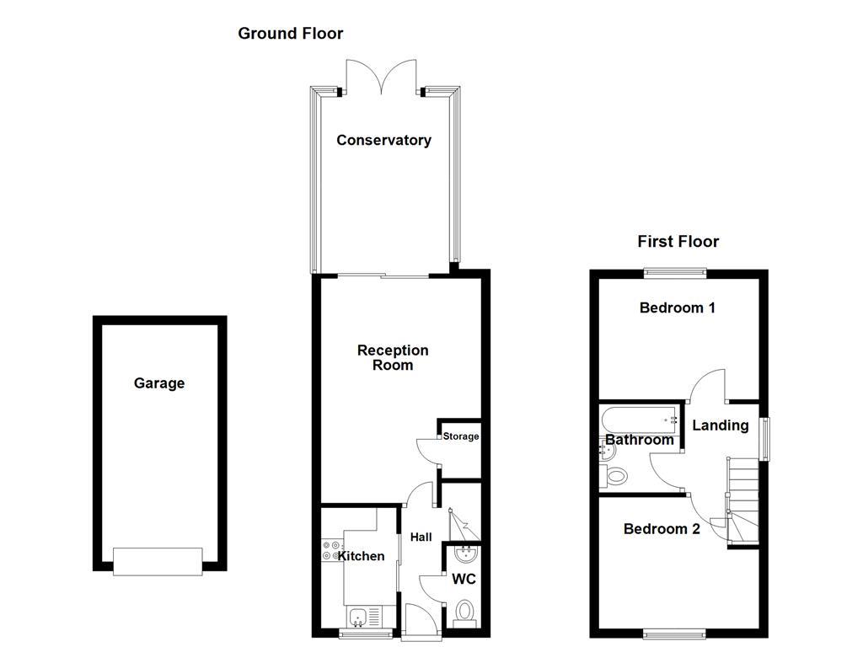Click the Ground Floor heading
tap(290, 34)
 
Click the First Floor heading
tap(678, 242)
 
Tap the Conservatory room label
tap(383, 141)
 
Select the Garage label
tap(159, 383)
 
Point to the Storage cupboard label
tap(461, 436)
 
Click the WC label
tap(464, 580)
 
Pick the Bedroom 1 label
tap(678, 307)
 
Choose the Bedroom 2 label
tap(662, 529)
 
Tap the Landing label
tap(721, 425)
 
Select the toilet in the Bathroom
tap(615, 477)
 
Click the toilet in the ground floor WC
tap(464, 610)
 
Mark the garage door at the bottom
tap(158, 561)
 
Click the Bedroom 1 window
tap(676, 272)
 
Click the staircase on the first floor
tap(743, 501)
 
